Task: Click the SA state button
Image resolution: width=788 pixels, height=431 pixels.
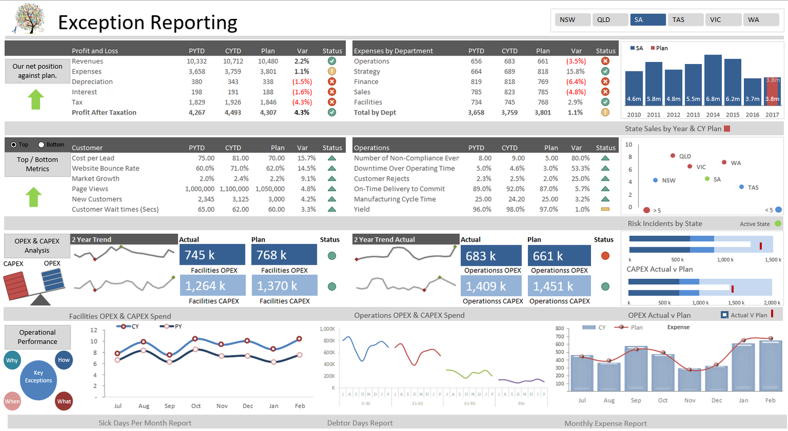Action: click(x=648, y=19)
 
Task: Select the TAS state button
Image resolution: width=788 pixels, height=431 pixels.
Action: click(x=685, y=19)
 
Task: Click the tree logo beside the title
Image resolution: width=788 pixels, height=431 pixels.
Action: click(x=29, y=19)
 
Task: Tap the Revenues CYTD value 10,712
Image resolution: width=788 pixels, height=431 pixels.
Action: click(x=233, y=61)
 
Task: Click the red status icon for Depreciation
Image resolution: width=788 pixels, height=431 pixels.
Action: click(x=332, y=82)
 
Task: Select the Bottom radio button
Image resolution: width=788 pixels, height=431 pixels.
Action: click(x=42, y=144)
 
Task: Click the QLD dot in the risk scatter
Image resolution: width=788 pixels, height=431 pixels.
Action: click(x=673, y=156)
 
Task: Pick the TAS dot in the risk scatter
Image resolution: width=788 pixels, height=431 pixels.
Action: click(x=741, y=187)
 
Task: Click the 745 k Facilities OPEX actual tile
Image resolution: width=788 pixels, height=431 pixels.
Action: click(x=212, y=255)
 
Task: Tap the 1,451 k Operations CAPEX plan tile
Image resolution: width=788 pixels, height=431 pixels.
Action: click(x=559, y=286)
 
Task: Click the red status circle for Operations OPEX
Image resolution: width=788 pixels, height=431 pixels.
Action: click(x=605, y=256)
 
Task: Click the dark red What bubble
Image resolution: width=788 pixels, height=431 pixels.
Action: click(x=64, y=402)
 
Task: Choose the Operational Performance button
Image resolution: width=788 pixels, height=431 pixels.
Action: click(x=37, y=337)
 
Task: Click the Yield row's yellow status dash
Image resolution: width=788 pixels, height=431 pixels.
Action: click(x=605, y=209)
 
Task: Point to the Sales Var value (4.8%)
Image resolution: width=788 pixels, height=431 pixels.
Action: click(x=576, y=92)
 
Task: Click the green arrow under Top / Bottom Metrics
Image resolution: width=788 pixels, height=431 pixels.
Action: click(x=34, y=197)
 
